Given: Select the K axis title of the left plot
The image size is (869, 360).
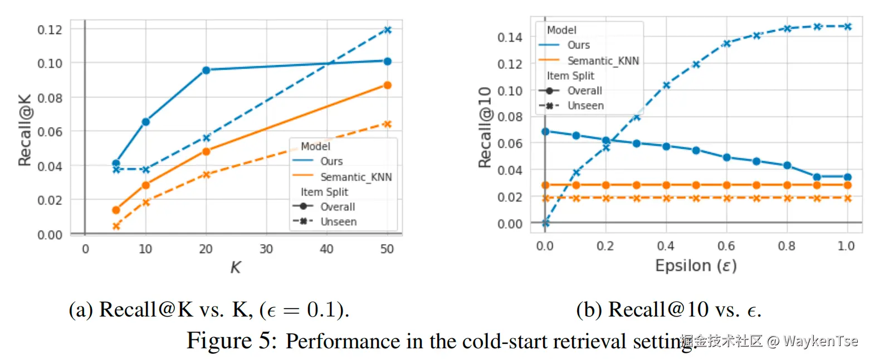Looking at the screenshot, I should (236, 268).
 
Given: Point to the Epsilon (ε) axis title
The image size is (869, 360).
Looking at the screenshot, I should (695, 266).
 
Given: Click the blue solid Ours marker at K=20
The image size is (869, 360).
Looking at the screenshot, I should (206, 70).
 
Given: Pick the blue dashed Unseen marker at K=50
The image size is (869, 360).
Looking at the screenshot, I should (388, 30).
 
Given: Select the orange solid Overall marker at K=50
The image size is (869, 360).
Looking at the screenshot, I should (388, 85).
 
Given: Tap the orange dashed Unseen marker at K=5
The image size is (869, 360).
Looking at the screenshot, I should (116, 226).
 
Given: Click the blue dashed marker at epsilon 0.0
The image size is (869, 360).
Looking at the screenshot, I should (546, 223).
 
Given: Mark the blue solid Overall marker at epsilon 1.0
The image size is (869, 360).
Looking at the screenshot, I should (847, 177).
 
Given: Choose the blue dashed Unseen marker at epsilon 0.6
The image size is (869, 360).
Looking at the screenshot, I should (726, 43).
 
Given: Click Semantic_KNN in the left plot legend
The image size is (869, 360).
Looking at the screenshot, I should (356, 177).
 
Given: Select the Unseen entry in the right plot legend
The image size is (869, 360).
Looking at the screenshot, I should (585, 105).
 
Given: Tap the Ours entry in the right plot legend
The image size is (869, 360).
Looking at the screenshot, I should (578, 45).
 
